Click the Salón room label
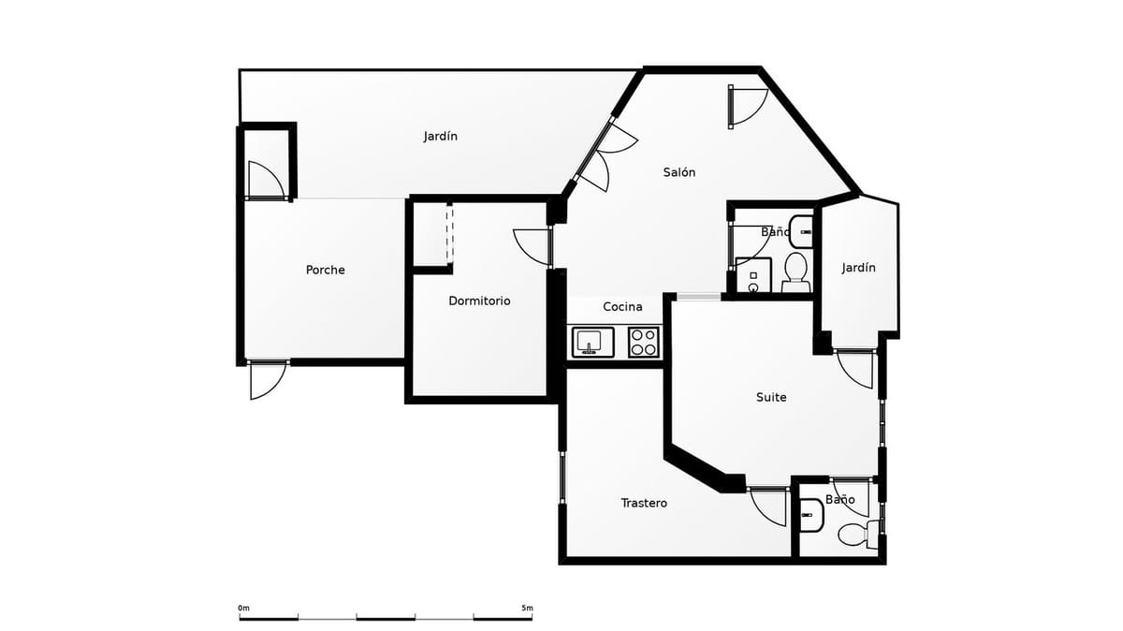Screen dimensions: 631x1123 click(679, 172)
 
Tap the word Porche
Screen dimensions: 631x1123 click(325, 270)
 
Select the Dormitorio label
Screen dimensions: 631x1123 click(479, 301)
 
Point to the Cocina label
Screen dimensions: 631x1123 click(622, 307)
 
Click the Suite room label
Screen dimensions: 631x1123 click(771, 397)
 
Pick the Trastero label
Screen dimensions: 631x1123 click(644, 503)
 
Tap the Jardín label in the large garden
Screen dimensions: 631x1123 click(440, 137)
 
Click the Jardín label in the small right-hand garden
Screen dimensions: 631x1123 click(858, 268)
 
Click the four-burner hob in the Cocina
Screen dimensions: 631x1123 click(643, 342)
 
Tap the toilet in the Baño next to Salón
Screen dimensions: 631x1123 click(795, 269)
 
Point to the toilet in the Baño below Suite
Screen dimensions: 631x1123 click(853, 535)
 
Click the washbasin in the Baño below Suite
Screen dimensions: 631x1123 click(810, 514)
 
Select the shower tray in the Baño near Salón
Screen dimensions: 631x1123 click(753, 275)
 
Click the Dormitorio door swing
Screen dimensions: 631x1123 click(532, 245)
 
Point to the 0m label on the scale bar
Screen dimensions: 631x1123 click(244, 609)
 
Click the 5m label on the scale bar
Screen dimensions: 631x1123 click(527, 609)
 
